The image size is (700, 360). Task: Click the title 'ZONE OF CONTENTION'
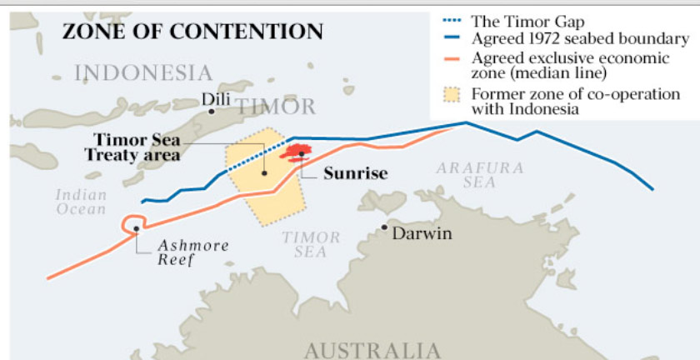(192, 32)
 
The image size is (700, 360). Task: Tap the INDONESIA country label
(143, 73)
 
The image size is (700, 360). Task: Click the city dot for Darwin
(384, 227)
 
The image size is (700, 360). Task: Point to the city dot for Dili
(212, 111)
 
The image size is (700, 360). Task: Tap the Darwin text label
(422, 233)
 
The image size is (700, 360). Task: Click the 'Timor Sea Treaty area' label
(135, 147)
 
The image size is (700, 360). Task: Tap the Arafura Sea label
(480, 174)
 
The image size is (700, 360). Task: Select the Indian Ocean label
(81, 202)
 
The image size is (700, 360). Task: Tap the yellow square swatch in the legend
(452, 94)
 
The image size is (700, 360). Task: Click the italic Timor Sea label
(311, 244)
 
